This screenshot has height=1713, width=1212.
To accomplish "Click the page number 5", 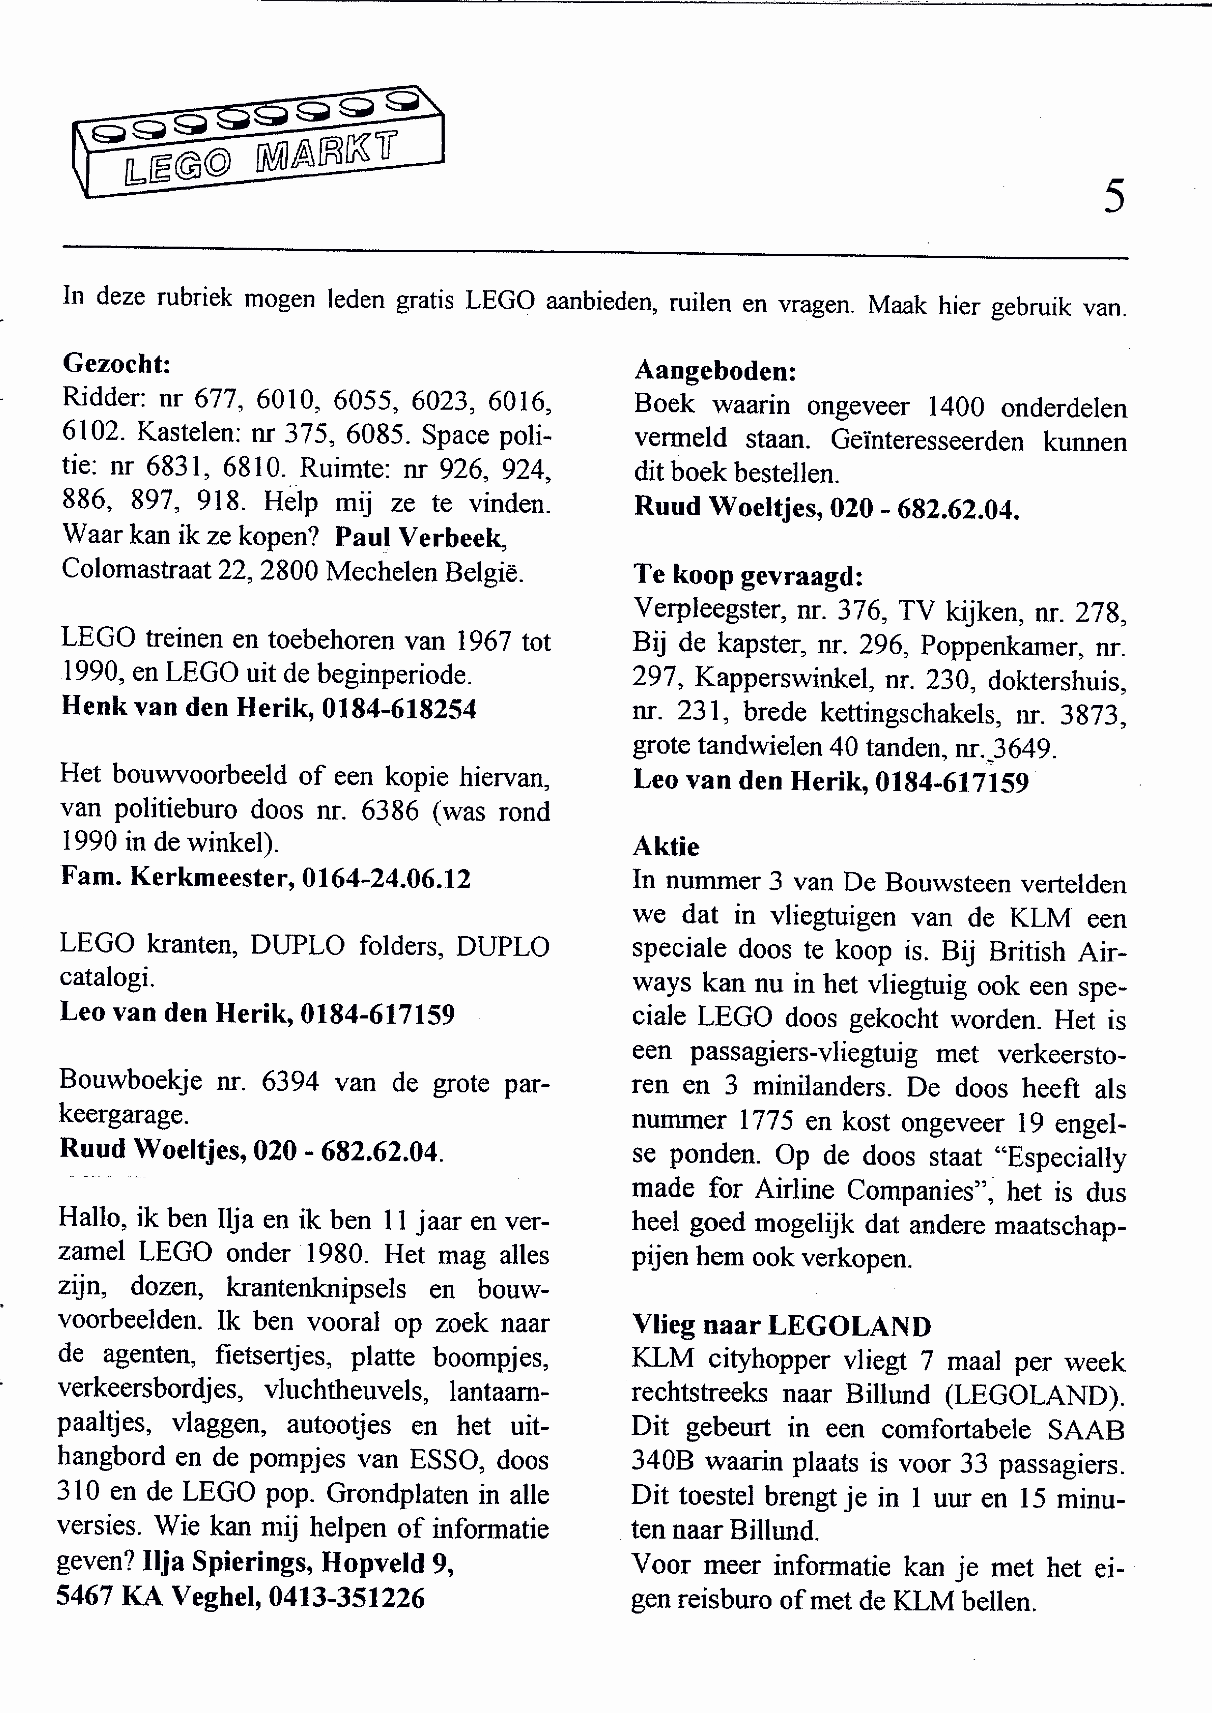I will pyautogui.click(x=1114, y=198).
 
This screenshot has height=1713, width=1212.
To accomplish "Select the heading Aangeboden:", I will pyautogui.click(x=715, y=371).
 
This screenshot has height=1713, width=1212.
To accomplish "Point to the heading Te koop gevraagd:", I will pyautogui.click(x=748, y=575).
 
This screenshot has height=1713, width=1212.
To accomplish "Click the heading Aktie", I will pyautogui.click(x=666, y=847).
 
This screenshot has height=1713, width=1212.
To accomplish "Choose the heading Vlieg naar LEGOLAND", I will pyautogui.click(x=782, y=1326).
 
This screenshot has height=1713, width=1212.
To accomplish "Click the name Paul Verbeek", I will pyautogui.click(x=421, y=537).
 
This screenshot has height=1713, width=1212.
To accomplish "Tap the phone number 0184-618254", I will pyautogui.click(x=398, y=708).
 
